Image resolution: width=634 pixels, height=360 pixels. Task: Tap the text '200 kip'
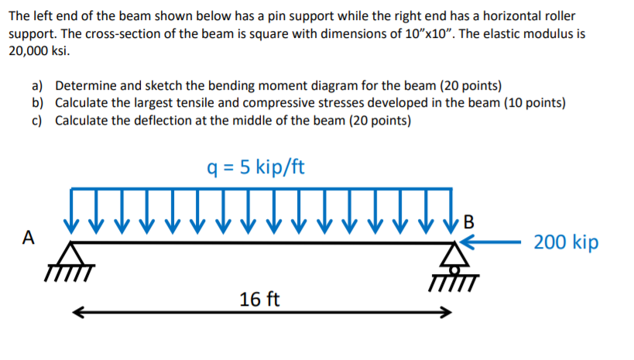tap(566, 242)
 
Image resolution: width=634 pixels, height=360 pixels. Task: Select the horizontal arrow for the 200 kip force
tap(495, 242)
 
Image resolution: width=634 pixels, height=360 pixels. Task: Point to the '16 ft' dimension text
tap(260, 299)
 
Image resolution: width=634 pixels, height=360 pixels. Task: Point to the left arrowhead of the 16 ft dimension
tap(76, 314)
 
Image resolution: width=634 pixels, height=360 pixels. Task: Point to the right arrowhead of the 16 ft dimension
tap(447, 314)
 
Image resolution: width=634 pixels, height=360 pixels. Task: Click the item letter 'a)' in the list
tap(37, 85)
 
